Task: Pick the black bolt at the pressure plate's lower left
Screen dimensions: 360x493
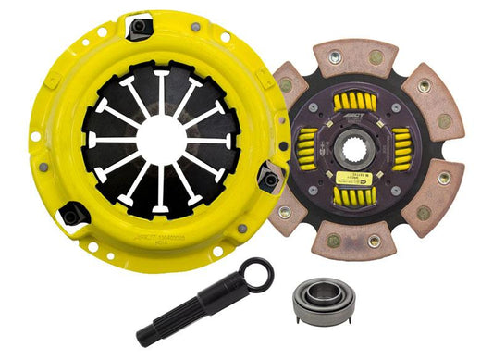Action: (69, 217)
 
